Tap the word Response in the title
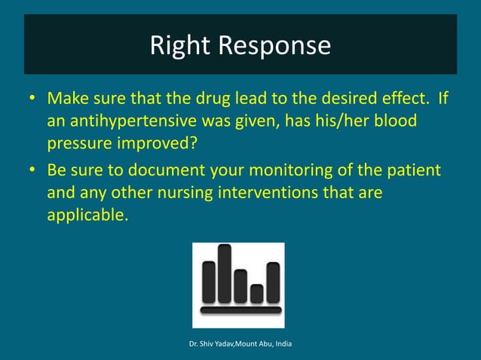click(x=274, y=47)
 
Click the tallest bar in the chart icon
click(x=224, y=273)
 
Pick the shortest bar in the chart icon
click(x=257, y=293)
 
